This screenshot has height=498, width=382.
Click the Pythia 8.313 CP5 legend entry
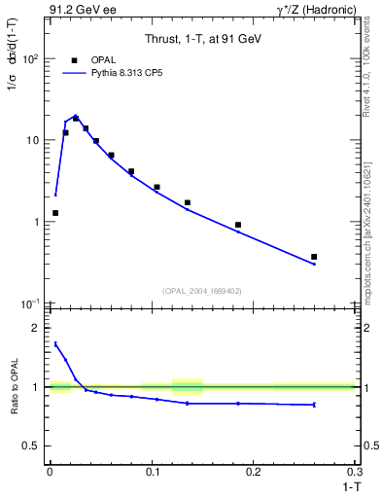tap(107, 73)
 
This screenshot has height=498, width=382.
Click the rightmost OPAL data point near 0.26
tap(314, 257)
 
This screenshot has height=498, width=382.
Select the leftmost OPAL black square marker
tap(55, 213)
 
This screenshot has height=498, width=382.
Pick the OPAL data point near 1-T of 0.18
tap(238, 225)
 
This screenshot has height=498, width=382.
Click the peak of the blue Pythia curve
tap(75, 115)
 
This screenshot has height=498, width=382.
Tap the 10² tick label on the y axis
tap(30, 58)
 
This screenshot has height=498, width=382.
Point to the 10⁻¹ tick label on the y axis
tap(30, 303)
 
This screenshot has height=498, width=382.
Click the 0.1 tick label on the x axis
tap(152, 471)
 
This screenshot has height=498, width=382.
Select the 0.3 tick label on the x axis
tap(355, 471)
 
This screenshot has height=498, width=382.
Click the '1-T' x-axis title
tap(346, 485)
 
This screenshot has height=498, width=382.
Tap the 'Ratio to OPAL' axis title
tap(11, 386)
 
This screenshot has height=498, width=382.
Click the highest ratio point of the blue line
tap(55, 342)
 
